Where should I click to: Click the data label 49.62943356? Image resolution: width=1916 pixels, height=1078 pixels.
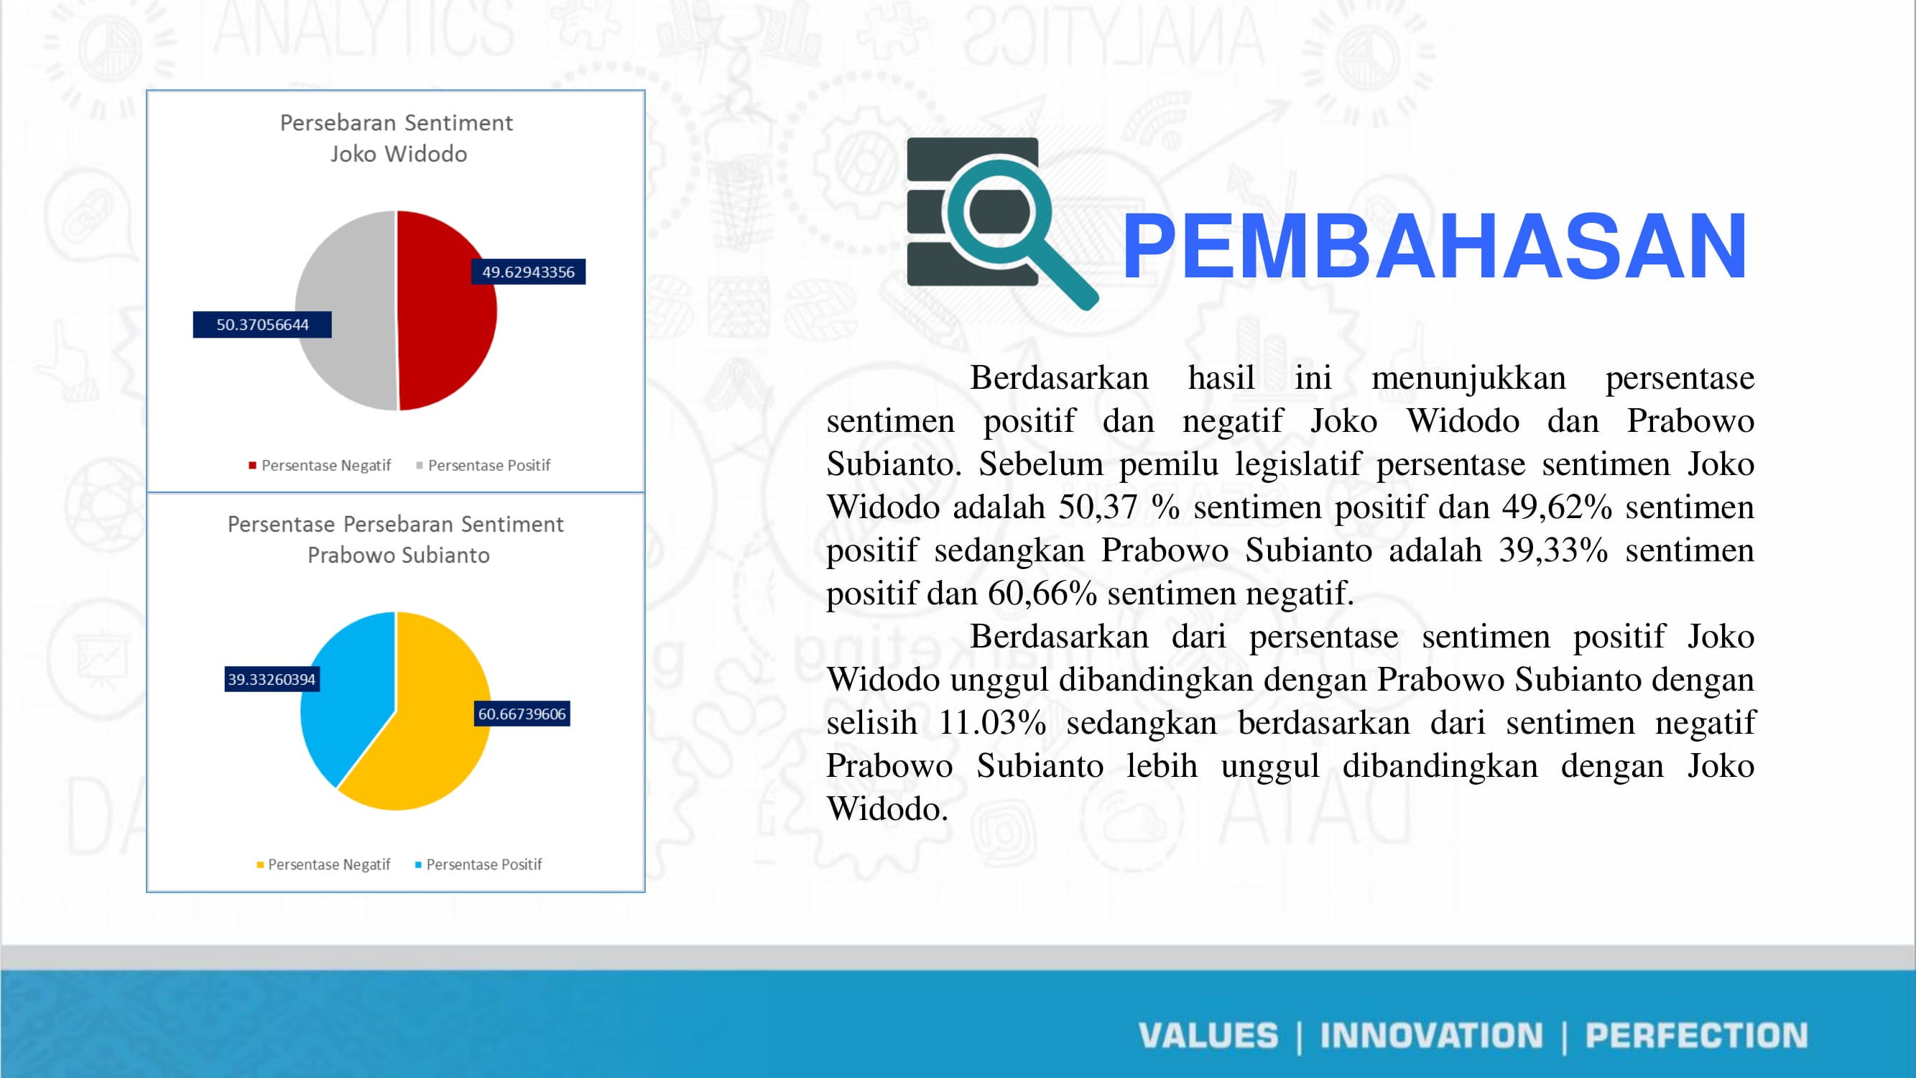(528, 272)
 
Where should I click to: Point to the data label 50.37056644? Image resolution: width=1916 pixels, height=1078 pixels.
(262, 324)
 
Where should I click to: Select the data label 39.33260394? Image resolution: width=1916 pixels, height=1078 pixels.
(272, 679)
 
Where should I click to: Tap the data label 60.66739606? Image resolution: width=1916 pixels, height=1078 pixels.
(522, 714)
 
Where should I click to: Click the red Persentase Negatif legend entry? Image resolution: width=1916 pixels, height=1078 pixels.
(320, 466)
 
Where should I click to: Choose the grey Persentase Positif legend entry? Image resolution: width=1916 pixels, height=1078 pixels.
(483, 466)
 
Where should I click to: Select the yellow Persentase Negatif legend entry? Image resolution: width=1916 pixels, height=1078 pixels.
(323, 865)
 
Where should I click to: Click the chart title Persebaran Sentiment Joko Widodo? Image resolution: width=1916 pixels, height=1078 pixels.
(397, 139)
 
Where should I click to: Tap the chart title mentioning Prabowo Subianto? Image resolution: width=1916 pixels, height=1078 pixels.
(397, 540)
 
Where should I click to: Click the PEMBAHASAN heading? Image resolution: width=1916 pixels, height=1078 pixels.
(1434, 246)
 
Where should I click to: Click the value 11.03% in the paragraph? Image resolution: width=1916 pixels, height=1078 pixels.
(992, 723)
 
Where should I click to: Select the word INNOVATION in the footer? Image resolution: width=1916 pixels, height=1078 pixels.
(1431, 1036)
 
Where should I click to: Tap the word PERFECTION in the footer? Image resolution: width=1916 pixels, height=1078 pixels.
(1696, 1036)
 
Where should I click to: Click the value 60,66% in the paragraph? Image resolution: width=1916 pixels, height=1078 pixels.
(1042, 594)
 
